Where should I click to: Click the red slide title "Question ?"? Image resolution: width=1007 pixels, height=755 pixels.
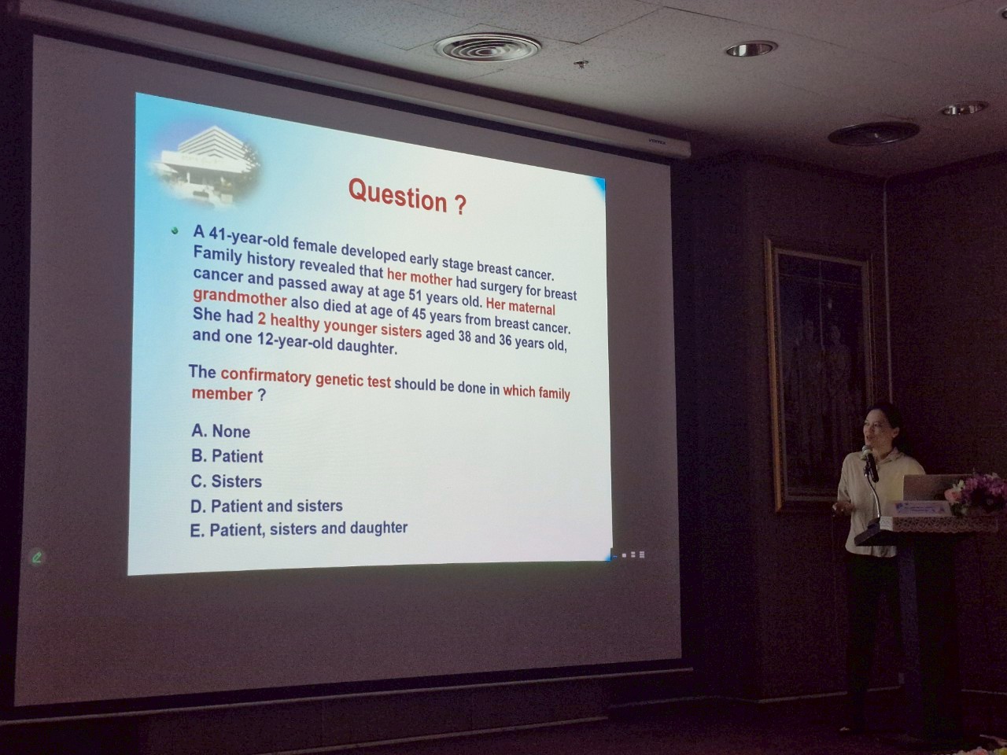[x=408, y=197]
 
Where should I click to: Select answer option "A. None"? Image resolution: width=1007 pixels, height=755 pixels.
[x=220, y=431]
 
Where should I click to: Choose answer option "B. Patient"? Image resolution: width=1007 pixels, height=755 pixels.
[x=227, y=455]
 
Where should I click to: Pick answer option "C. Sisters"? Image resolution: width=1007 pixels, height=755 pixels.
[x=226, y=481]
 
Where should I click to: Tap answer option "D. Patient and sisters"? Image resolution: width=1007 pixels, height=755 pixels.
[x=267, y=506]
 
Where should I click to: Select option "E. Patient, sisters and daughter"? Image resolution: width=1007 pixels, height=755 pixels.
[x=299, y=529]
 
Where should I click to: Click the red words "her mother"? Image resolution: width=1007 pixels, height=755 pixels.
[x=419, y=276]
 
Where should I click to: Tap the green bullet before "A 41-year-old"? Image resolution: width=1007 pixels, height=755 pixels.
[x=175, y=230]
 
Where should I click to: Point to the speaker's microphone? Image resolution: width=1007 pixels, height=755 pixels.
[x=869, y=462]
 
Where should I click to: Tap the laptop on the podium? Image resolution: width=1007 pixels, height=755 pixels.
[x=927, y=488]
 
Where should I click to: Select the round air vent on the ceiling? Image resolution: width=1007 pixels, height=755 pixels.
[x=487, y=46]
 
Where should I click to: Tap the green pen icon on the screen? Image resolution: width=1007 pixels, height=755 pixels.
[x=37, y=558]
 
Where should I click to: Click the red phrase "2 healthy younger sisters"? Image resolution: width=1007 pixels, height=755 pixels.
[x=340, y=325]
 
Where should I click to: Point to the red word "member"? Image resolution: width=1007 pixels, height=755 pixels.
[x=222, y=394]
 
